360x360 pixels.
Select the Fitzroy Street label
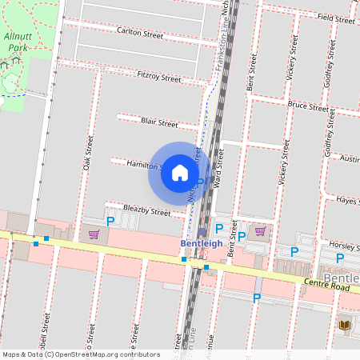coord(159,78)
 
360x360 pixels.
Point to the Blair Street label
coord(158,123)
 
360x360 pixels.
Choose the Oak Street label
coord(88,152)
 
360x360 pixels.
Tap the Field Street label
coord(335,18)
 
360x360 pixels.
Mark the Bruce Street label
coord(308,106)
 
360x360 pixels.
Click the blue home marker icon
coord(180,173)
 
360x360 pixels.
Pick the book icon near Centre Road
coord(345,325)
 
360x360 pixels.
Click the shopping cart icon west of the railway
coord(94,234)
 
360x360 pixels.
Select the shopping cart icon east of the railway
coord(259,231)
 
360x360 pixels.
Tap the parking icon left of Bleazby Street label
coord(111,221)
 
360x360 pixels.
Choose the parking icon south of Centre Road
coord(257,298)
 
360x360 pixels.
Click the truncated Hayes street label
coord(346,200)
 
